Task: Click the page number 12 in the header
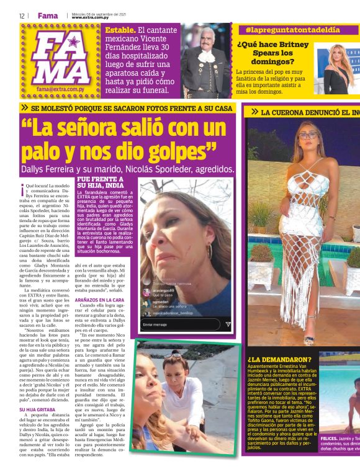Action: [22, 16]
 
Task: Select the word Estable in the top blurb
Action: [119, 30]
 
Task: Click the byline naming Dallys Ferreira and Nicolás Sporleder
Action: [127, 168]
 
